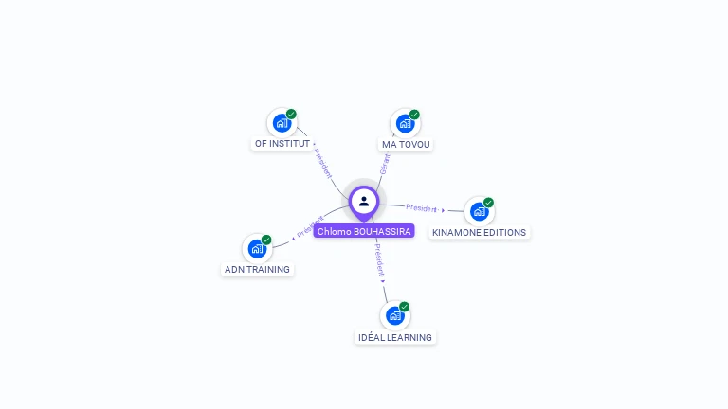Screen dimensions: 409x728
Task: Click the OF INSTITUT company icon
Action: (282, 123)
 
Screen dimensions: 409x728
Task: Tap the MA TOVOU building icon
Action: (406, 123)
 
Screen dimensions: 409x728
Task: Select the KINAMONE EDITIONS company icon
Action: (479, 211)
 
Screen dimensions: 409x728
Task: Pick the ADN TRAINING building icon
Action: (257, 248)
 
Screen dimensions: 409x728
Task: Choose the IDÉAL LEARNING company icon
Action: (395, 315)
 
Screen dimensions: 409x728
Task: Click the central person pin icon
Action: (364, 202)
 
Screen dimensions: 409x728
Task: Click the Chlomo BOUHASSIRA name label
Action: (364, 231)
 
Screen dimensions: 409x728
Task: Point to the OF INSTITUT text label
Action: (282, 144)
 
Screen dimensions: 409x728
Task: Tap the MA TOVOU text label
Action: (406, 144)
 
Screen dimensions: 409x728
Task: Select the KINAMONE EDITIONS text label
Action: (479, 232)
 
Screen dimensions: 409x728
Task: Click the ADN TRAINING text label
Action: (257, 269)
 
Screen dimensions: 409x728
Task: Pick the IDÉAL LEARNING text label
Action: (395, 337)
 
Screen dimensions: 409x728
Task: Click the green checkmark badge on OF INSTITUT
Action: (291, 114)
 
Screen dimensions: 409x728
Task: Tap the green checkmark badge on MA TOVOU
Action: (414, 115)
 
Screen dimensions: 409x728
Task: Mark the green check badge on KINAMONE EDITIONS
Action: (488, 203)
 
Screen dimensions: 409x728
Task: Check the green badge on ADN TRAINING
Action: (266, 240)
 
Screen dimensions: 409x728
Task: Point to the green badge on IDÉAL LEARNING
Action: (404, 307)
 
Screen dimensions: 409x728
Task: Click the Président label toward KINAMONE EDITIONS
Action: (421, 207)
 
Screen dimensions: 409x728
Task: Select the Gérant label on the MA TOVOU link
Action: (384, 164)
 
